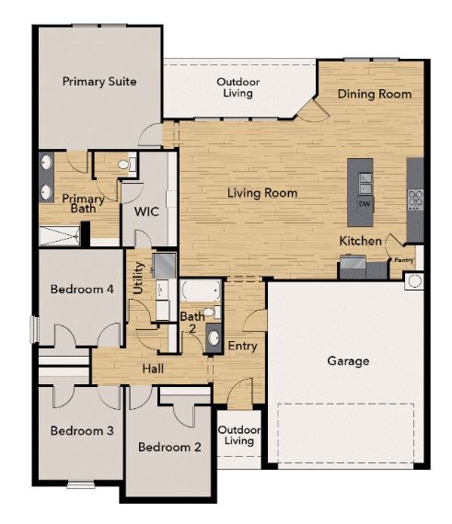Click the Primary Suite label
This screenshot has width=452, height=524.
coord(99,81)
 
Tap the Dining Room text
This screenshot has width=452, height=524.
coord(374,94)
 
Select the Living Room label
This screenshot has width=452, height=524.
coord(262,193)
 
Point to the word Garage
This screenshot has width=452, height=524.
coord(348,360)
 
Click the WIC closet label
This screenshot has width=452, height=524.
coord(147,211)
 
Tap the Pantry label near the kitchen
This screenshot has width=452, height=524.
coord(405,260)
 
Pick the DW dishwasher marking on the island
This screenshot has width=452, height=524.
coord(365,203)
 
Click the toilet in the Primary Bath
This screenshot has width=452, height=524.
coord(129,165)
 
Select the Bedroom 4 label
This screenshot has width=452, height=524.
coord(82,289)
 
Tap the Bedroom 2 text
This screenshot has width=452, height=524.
coord(169,448)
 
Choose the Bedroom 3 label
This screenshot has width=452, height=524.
coord(82,430)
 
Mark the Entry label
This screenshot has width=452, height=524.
coord(242,346)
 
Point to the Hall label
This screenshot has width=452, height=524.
coord(154,369)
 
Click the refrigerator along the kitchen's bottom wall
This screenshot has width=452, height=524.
coord(353,268)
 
